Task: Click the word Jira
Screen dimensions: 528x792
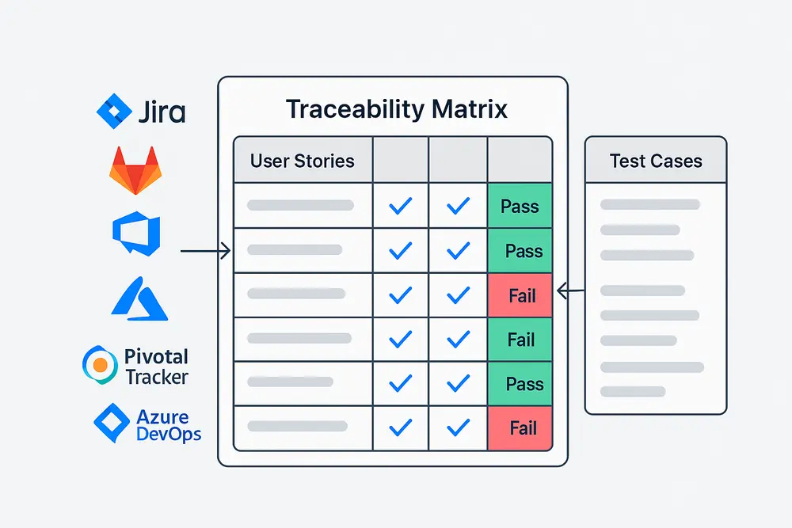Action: coord(161,112)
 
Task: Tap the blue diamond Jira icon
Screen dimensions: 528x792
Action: coord(113,111)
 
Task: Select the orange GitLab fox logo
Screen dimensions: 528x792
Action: coord(132,170)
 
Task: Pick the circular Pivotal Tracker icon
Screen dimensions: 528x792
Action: coord(100,364)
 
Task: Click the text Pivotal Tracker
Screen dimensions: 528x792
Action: coord(157,367)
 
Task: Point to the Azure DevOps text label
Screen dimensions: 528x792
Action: coord(168,425)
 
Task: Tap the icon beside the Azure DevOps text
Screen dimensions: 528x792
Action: coord(111,423)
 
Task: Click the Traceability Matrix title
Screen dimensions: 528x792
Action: coord(396,109)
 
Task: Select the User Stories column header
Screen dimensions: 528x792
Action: coord(302,161)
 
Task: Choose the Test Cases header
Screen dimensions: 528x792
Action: coord(655,161)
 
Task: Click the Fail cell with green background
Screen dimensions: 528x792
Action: coord(520,340)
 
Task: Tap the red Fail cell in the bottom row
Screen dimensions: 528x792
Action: coord(520,428)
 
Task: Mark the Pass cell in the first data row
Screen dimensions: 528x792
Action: coord(520,207)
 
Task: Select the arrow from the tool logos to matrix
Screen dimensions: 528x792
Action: coord(204,252)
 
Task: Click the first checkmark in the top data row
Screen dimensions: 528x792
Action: coord(401,207)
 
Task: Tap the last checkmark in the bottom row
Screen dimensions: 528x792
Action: coord(458,428)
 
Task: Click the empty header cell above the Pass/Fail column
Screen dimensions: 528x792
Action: coord(520,161)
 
